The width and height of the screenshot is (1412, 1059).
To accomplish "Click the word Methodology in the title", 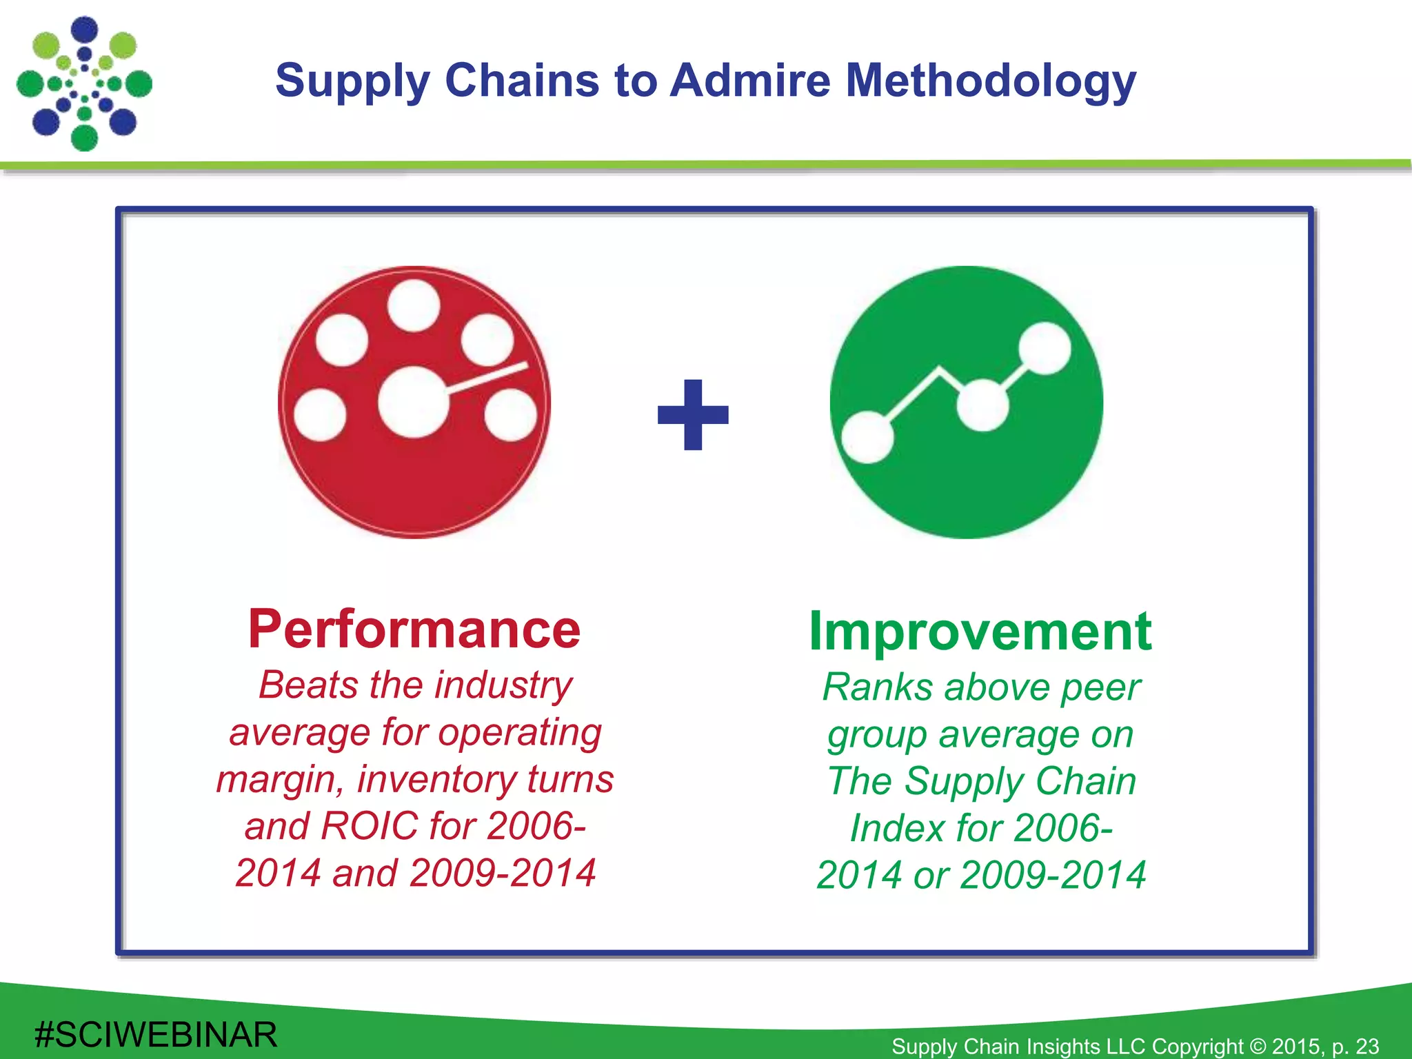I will point(990,81).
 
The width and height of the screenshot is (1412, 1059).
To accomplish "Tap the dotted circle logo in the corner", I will point(84,84).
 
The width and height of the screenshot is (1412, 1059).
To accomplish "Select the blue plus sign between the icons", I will point(693,415).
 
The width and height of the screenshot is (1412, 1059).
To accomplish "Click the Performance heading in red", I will point(414,629).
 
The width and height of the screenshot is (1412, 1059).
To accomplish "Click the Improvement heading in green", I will point(980,632).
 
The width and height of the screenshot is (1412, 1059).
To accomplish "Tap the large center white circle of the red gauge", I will point(413,403).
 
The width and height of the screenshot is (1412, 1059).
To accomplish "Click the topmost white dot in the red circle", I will point(414,305).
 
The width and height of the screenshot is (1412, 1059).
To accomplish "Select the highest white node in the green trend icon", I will point(1044,349).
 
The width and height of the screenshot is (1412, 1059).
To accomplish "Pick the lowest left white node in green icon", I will point(867,437).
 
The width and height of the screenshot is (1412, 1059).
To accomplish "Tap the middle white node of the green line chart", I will point(982,405).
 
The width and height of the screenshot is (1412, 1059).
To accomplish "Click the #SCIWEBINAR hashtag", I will point(156,1035).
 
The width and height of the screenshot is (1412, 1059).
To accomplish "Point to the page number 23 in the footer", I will point(1366,1047).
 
